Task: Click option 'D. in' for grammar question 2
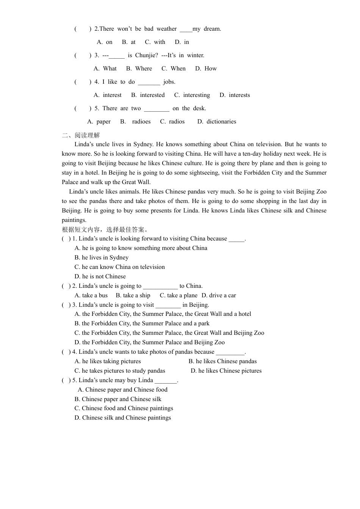pyautogui.click(x=182, y=42)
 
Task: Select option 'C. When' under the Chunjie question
pyautogui.click(x=174, y=69)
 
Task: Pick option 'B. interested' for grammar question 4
pyautogui.click(x=148, y=95)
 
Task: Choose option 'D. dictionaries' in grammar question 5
pyautogui.click(x=217, y=122)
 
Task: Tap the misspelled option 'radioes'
pyautogui.click(x=141, y=122)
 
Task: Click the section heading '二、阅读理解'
pyautogui.click(x=81, y=135)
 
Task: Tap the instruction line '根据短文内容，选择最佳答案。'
pyautogui.click(x=105, y=230)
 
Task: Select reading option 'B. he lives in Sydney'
pyautogui.click(x=102, y=258)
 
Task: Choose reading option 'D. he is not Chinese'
pyautogui.click(x=100, y=276)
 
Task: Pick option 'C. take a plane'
pyautogui.click(x=178, y=295)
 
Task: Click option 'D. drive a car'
pyautogui.click(x=219, y=295)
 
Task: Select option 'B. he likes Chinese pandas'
pyautogui.click(x=223, y=361)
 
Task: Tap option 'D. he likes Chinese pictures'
pyautogui.click(x=226, y=371)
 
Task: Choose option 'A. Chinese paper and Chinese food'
pyautogui.click(x=122, y=390)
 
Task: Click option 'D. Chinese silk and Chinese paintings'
pyautogui.click(x=123, y=418)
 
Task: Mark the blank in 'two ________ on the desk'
pyautogui.click(x=157, y=109)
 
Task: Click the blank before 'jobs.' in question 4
pyautogui.click(x=149, y=83)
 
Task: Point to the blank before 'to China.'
pyautogui.click(x=160, y=287)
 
